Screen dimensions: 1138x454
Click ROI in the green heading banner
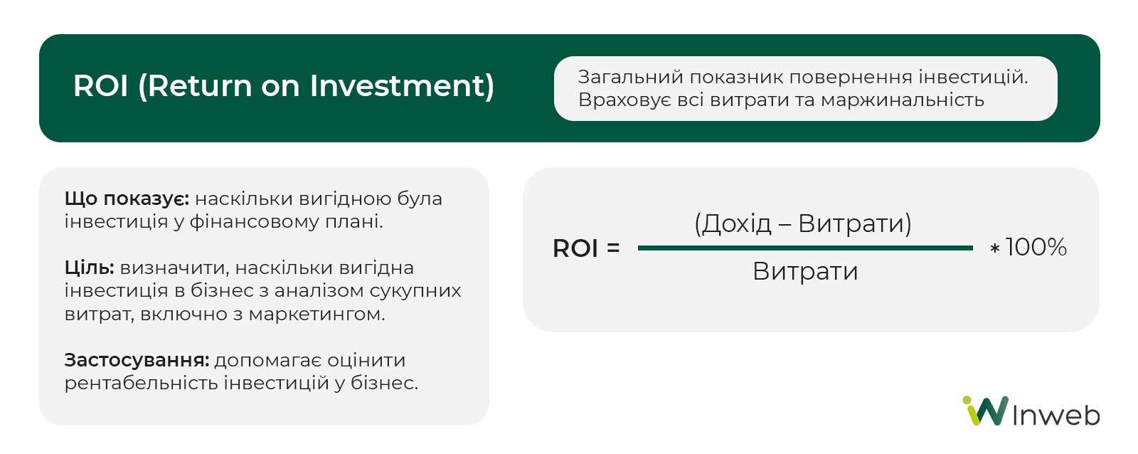pos(100,85)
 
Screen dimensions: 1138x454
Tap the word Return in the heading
pos(200,85)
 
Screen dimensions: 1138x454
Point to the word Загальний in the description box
pos(630,78)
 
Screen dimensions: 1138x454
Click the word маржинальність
pos(903,100)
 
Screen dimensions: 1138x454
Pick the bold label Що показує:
pos(127,199)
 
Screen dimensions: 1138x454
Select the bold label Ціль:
pos(90,268)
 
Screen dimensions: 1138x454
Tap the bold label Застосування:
pos(137,360)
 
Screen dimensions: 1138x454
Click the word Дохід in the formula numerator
pos(737,223)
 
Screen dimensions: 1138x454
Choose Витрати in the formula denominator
pos(805,271)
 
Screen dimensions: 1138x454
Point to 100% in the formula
pos(1036,247)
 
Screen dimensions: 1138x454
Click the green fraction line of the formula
pos(805,248)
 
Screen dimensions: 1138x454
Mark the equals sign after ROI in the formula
pos(612,248)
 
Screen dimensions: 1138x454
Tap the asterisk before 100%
pos(995,248)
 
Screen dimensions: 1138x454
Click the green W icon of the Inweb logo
pos(986,411)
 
